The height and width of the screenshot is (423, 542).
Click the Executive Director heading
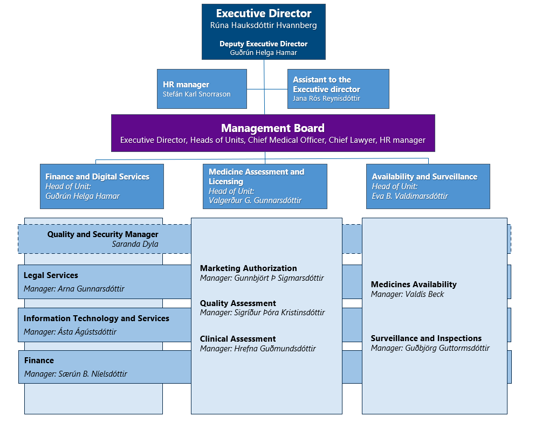(264, 13)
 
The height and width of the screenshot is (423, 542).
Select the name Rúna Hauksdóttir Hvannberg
(263, 25)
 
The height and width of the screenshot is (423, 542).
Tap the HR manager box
(202, 89)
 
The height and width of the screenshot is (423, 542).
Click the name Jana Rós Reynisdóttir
(326, 99)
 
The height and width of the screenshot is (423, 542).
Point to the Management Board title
(273, 128)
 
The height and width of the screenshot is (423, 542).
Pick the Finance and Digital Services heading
(98, 177)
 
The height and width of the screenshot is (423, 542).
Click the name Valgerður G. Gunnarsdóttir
(255, 200)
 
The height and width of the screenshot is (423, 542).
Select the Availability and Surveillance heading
(424, 177)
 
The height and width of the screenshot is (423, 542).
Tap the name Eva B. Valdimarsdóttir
(410, 196)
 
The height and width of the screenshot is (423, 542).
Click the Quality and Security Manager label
(102, 234)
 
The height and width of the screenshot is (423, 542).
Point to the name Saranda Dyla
(135, 244)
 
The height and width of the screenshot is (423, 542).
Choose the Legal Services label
(51, 275)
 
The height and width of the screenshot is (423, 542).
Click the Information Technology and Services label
(97, 318)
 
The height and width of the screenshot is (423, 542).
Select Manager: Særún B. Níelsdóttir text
(76, 374)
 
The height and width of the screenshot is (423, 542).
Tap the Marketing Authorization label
(248, 268)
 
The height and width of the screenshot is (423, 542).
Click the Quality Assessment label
(238, 303)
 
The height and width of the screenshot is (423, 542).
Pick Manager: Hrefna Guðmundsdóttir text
(258, 349)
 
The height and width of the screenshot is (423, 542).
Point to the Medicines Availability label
(414, 285)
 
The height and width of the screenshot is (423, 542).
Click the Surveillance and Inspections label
(426, 338)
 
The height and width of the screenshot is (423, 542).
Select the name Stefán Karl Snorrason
(197, 94)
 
